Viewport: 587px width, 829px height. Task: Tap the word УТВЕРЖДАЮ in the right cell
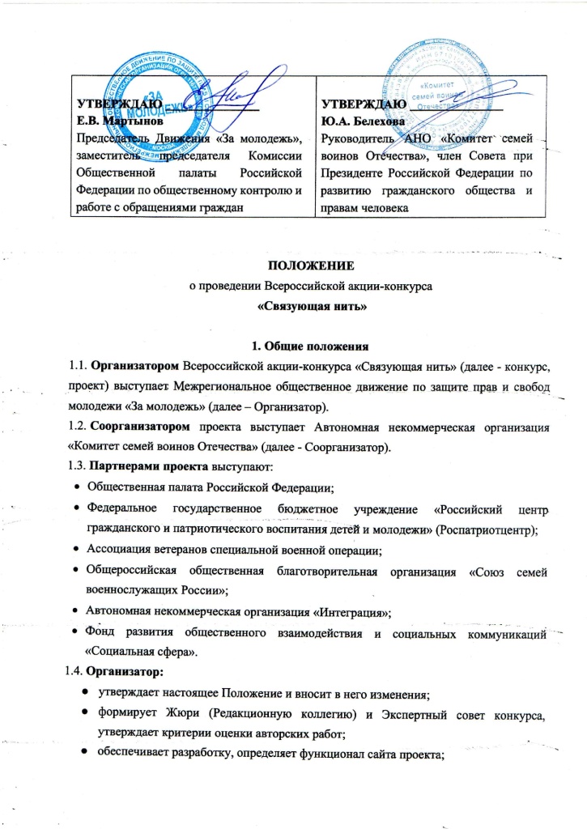362,104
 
